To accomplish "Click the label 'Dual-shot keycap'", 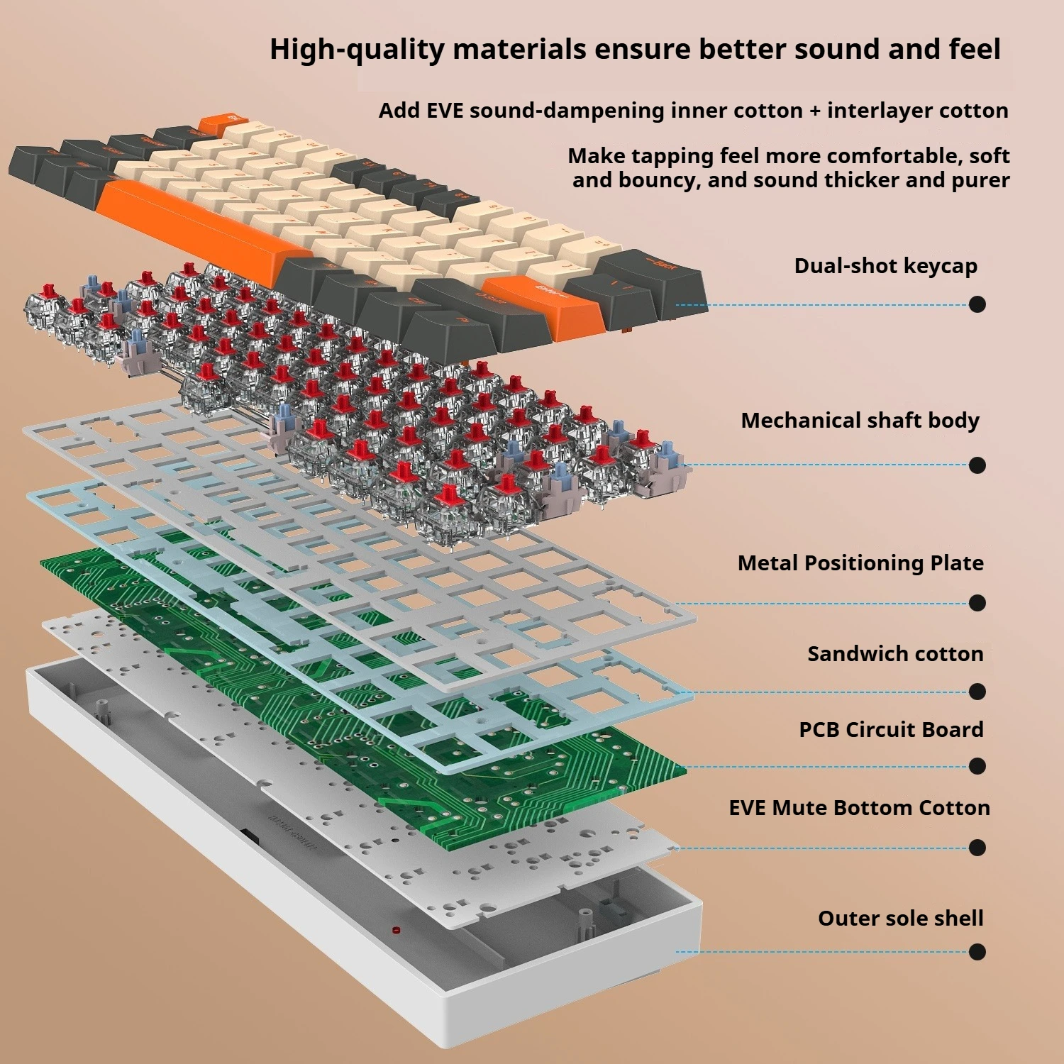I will click(885, 266).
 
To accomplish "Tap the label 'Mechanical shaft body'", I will click(860, 421).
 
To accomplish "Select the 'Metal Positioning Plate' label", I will click(860, 563).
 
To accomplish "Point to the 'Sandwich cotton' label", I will click(895, 654).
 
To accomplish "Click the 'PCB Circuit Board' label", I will click(891, 730).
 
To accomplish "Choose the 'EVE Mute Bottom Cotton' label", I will click(859, 808).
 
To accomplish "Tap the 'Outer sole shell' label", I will click(900, 919).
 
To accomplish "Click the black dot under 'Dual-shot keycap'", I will click(977, 304).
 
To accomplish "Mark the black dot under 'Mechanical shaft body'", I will click(977, 465).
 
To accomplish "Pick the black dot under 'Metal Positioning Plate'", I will click(977, 603).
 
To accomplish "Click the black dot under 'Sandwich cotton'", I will click(977, 692).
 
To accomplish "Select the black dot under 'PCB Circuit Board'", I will click(977, 766).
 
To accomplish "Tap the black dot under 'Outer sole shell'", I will click(977, 952).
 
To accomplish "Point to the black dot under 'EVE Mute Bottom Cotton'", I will click(977, 848).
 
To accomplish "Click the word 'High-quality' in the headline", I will click(356, 50).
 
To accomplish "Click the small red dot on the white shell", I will click(396, 929).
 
